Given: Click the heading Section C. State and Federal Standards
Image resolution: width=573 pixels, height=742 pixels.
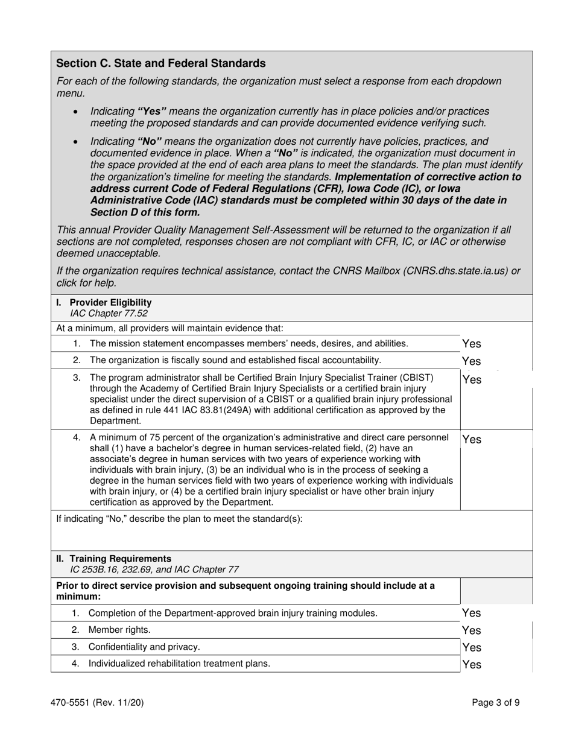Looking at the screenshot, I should coord(160,63).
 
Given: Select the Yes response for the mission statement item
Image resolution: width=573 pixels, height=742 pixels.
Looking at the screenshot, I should coord(471,344).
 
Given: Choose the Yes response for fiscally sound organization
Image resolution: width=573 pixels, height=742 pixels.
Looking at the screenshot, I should coord(471,361).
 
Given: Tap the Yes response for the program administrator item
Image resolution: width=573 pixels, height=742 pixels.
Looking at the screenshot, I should coord(471,379).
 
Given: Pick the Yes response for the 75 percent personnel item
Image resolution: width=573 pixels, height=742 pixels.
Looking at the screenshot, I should coord(471,440).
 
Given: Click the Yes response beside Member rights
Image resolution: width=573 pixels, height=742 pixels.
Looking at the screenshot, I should coord(471,630).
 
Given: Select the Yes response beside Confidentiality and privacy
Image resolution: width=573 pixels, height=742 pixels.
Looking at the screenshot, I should coord(471,647).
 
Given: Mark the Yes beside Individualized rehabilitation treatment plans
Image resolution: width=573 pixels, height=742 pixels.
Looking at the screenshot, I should coord(471,665).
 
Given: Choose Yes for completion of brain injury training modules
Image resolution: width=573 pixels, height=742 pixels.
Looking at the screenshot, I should coord(471,613).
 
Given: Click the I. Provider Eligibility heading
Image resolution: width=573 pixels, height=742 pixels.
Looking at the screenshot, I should coord(104,302).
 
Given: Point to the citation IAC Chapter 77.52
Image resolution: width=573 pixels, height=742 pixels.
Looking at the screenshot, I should coord(109,313).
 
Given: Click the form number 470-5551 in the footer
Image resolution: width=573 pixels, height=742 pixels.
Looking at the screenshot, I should coord(78,702).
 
